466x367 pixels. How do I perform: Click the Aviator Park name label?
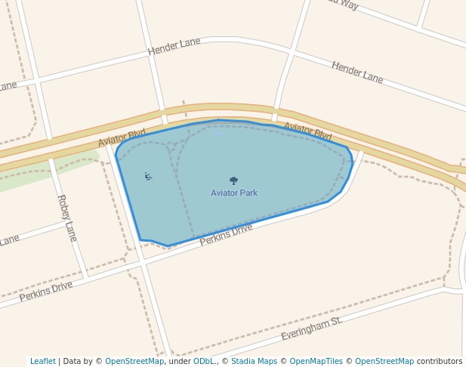(x=234, y=193)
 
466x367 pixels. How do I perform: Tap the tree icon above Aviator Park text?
(x=233, y=180)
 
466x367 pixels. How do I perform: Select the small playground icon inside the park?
(x=148, y=177)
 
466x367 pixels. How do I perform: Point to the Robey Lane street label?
(x=67, y=217)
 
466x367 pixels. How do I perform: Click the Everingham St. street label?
(x=311, y=328)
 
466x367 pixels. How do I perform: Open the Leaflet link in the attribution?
(x=42, y=362)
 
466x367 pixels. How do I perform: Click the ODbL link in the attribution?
(x=204, y=362)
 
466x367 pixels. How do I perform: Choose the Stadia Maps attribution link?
(x=255, y=362)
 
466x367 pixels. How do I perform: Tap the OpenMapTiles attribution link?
(x=316, y=362)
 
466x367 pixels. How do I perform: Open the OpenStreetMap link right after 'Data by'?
(x=134, y=362)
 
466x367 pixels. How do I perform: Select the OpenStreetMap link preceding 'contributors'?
(x=384, y=362)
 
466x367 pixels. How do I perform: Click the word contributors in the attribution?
(x=440, y=362)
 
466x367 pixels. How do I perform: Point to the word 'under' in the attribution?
(x=180, y=362)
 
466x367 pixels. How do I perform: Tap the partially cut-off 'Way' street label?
(x=342, y=3)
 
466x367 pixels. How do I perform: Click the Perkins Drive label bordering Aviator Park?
(x=226, y=234)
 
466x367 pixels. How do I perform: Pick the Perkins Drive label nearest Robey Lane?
(x=46, y=291)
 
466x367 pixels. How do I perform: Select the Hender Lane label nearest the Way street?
(x=357, y=72)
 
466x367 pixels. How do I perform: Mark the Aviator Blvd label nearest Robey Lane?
(x=122, y=138)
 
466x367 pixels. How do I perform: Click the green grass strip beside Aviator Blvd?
(x=45, y=174)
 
